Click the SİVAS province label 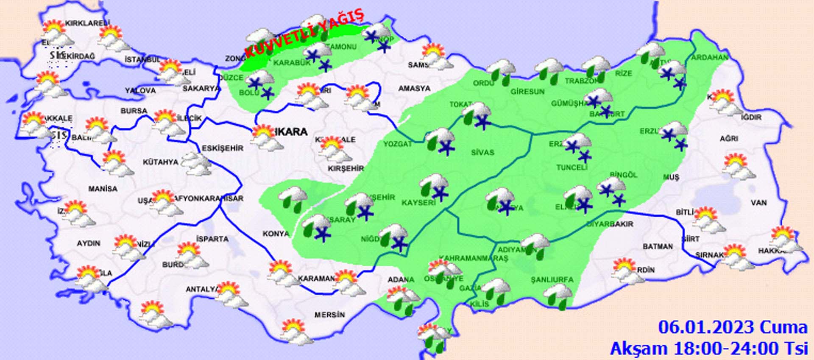482,152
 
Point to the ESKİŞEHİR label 223,148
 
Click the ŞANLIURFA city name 552,279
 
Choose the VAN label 758,203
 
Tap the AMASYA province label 414,89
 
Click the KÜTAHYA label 160,162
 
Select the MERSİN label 329,315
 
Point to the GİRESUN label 527,91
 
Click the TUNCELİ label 571,167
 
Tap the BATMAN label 657,246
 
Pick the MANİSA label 103,189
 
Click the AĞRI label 729,139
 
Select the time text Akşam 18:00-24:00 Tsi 708,349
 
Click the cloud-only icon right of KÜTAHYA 196,163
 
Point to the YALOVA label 140,90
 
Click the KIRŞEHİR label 346,168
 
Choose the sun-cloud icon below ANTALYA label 231,295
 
